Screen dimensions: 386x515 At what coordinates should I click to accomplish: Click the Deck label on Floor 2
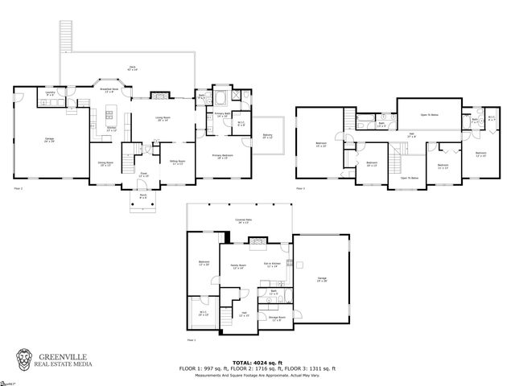[133, 68]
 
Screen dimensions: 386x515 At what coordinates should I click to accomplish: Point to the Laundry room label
[50, 93]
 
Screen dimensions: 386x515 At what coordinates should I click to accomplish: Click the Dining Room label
[105, 163]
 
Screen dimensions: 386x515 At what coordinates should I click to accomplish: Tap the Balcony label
[267, 137]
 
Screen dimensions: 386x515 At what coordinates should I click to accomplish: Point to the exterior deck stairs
[65, 36]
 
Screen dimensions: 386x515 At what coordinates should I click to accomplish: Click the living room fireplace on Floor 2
[162, 94]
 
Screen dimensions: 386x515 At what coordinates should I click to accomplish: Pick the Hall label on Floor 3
[411, 137]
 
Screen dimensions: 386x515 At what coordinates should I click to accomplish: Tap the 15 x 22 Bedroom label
[321, 146]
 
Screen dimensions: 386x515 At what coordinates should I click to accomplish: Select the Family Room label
[238, 266]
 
